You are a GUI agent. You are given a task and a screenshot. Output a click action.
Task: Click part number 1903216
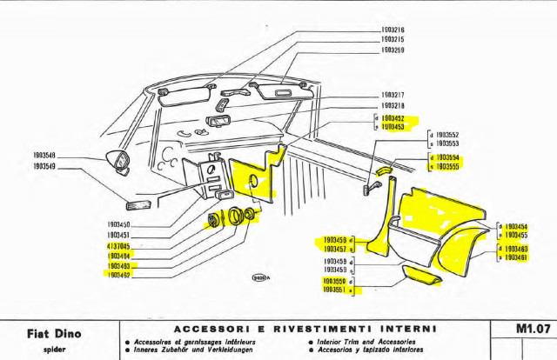pyautogui.click(x=393, y=30)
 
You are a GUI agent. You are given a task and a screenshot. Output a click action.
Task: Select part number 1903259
pyautogui.click(x=393, y=50)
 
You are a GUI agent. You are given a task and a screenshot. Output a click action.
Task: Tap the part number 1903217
pyautogui.click(x=393, y=95)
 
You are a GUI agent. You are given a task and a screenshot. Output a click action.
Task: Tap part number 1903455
pyautogui.click(x=517, y=236)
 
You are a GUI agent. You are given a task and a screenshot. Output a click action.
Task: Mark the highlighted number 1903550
pyautogui.click(x=335, y=282)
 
